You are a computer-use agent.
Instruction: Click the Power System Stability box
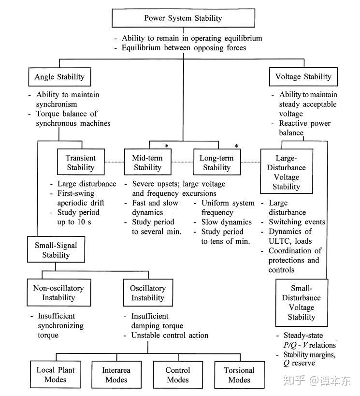(x=183, y=18)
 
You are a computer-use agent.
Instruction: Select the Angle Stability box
(x=59, y=77)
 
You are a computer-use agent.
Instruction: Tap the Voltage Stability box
(x=303, y=77)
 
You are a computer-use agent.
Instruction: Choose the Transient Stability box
(x=81, y=162)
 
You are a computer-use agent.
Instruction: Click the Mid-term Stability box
(x=147, y=162)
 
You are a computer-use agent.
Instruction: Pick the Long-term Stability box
(x=216, y=162)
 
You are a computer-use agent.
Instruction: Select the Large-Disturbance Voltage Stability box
(x=287, y=172)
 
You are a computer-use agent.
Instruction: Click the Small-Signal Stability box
(x=56, y=250)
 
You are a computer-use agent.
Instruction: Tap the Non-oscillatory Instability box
(x=58, y=293)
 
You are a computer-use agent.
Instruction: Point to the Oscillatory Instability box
(x=147, y=293)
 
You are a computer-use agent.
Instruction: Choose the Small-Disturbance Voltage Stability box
(x=301, y=303)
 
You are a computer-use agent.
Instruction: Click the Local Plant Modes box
(x=55, y=375)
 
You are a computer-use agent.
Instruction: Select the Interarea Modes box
(x=116, y=375)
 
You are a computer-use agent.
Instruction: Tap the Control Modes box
(x=177, y=375)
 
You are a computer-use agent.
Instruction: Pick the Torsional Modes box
(x=239, y=375)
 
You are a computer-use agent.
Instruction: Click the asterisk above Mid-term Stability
(x=167, y=146)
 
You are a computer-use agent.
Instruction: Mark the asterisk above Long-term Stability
(x=236, y=146)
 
